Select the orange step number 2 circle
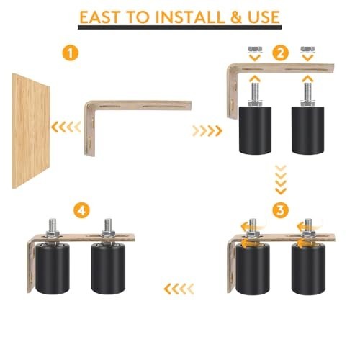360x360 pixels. pos(281,52)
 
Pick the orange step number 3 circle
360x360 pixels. pos(281,210)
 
